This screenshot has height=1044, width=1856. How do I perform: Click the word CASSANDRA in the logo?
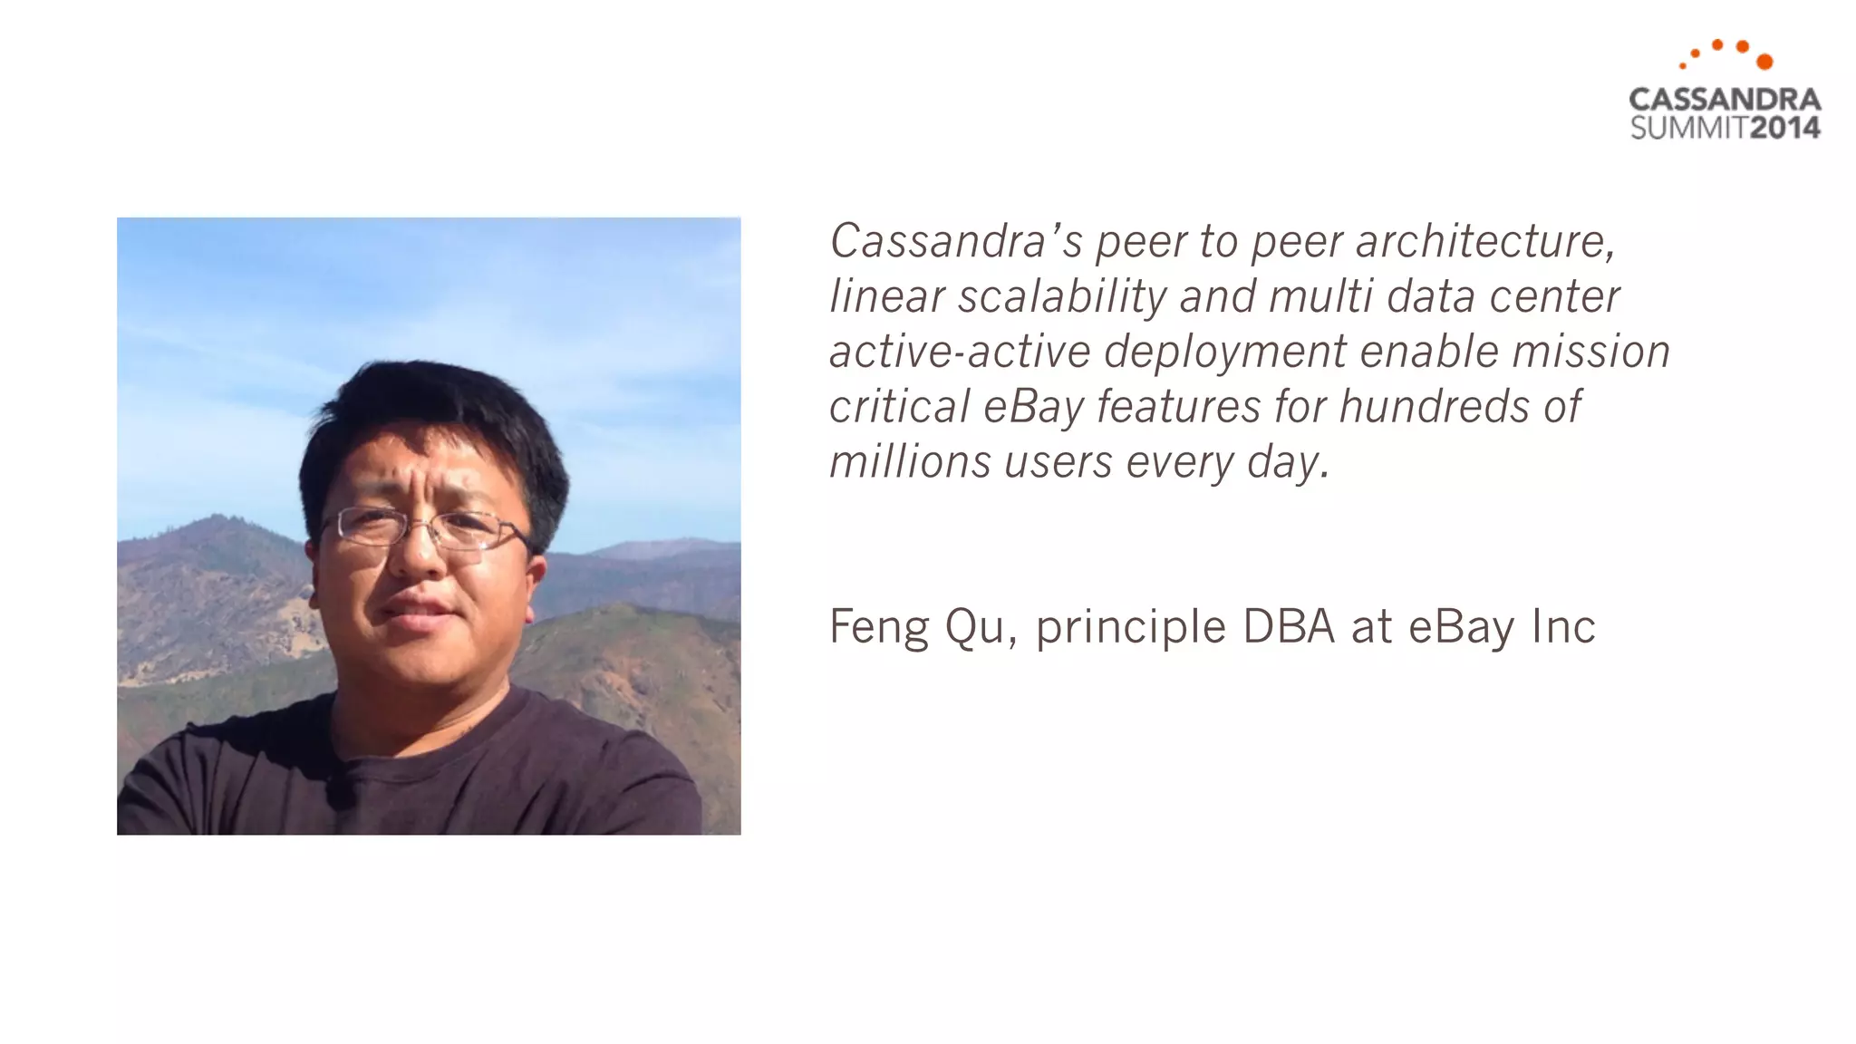click(x=1725, y=100)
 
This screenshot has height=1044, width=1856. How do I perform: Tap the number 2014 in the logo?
click(x=1784, y=128)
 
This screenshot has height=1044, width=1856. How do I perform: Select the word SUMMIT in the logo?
click(x=1688, y=128)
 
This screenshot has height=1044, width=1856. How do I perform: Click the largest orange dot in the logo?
click(x=1764, y=62)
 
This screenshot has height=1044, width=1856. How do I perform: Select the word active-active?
click(x=960, y=352)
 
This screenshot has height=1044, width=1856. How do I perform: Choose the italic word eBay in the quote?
click(x=1033, y=407)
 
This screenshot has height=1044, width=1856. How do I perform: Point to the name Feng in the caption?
click(x=879, y=627)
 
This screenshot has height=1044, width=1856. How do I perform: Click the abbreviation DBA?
click(x=1289, y=626)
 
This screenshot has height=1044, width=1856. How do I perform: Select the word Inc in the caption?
click(x=1563, y=626)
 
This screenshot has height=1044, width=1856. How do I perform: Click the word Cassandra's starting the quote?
click(x=956, y=241)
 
